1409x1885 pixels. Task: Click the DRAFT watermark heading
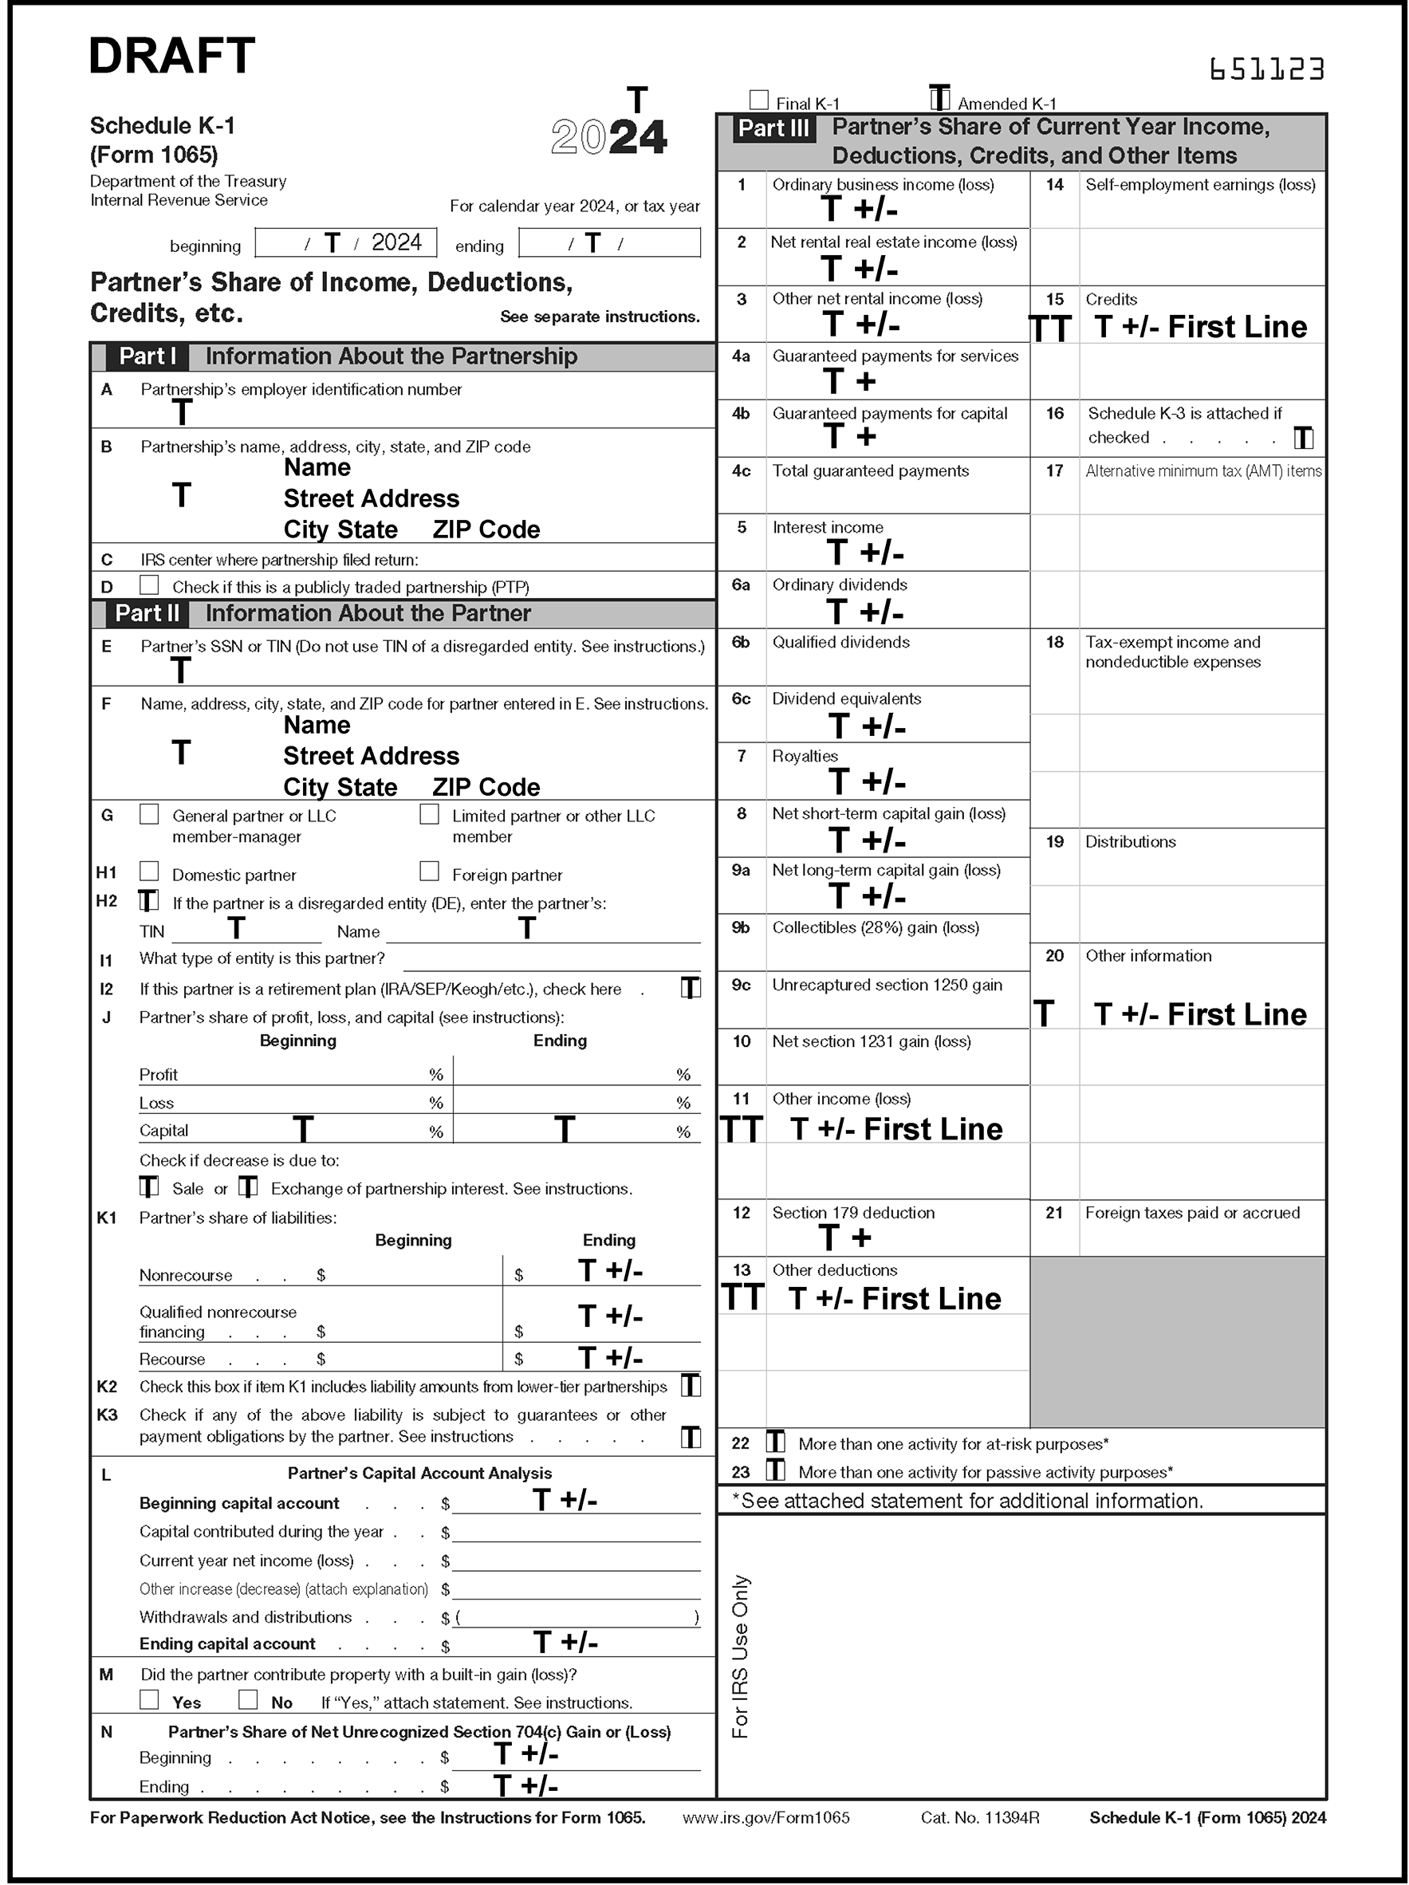171,57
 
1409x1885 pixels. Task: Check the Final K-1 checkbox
758,100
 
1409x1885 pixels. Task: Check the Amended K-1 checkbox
939,99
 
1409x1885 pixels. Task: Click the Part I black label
148,356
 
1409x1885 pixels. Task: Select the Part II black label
148,613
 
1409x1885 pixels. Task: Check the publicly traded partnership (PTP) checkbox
149,584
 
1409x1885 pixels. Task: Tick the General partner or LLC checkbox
149,814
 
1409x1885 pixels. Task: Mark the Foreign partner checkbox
429,871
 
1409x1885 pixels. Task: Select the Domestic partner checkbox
149,871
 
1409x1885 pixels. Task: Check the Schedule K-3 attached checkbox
1303,438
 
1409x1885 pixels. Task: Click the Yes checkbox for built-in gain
149,1699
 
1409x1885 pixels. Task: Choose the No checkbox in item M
248,1699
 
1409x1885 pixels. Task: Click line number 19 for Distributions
1054,842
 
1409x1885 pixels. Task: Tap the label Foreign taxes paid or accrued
1191,1213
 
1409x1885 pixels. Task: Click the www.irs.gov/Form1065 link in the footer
766,1818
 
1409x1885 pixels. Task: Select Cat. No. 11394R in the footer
979,1818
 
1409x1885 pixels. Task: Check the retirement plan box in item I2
691,988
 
